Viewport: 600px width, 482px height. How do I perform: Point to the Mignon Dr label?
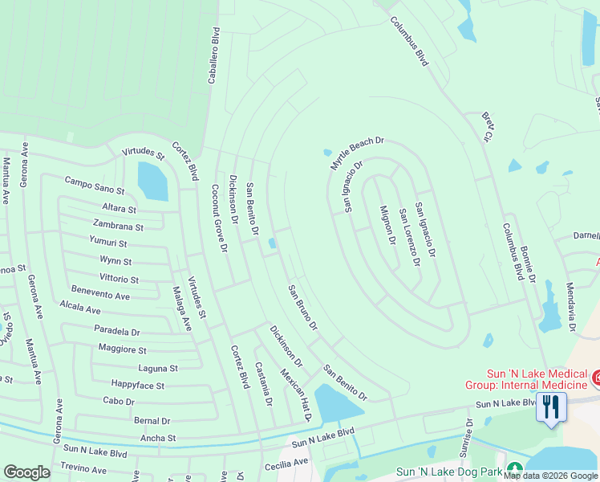point(387,224)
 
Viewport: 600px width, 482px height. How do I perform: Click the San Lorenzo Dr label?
point(409,239)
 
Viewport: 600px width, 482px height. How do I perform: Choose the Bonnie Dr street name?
point(526,264)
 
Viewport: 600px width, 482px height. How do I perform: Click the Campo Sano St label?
point(95,186)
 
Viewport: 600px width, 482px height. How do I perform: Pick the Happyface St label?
point(138,386)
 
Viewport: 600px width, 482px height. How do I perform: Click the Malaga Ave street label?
point(183,308)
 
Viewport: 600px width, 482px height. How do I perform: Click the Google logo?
point(27,472)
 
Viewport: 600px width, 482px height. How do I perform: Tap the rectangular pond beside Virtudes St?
point(152,182)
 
